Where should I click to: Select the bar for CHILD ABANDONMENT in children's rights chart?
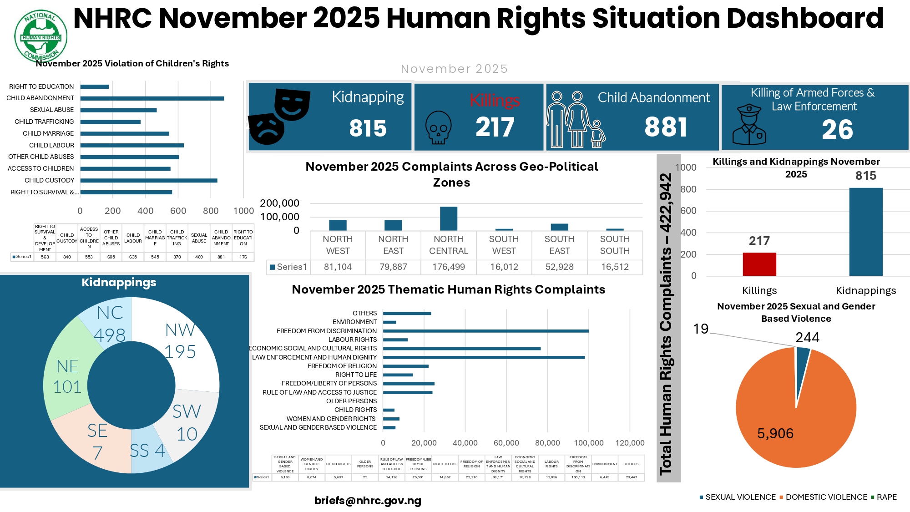coord(152,98)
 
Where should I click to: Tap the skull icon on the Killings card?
coord(438,128)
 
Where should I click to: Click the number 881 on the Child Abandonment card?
coord(666,127)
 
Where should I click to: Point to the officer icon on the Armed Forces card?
coord(749,125)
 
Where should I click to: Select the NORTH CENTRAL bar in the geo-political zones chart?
coord(449,218)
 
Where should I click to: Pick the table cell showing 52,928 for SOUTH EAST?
coord(559,267)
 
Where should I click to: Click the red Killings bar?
coord(759,264)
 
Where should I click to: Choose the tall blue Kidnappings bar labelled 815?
coord(865,232)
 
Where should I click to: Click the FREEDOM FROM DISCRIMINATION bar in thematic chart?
coord(485,331)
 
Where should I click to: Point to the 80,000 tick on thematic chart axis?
coord(547,443)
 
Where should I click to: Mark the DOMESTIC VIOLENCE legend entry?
coord(823,497)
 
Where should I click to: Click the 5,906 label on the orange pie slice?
coord(775,433)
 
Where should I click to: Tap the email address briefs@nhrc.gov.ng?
coord(368,501)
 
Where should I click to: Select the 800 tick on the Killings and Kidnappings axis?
coord(688,189)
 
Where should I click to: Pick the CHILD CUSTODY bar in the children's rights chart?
coord(149,181)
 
